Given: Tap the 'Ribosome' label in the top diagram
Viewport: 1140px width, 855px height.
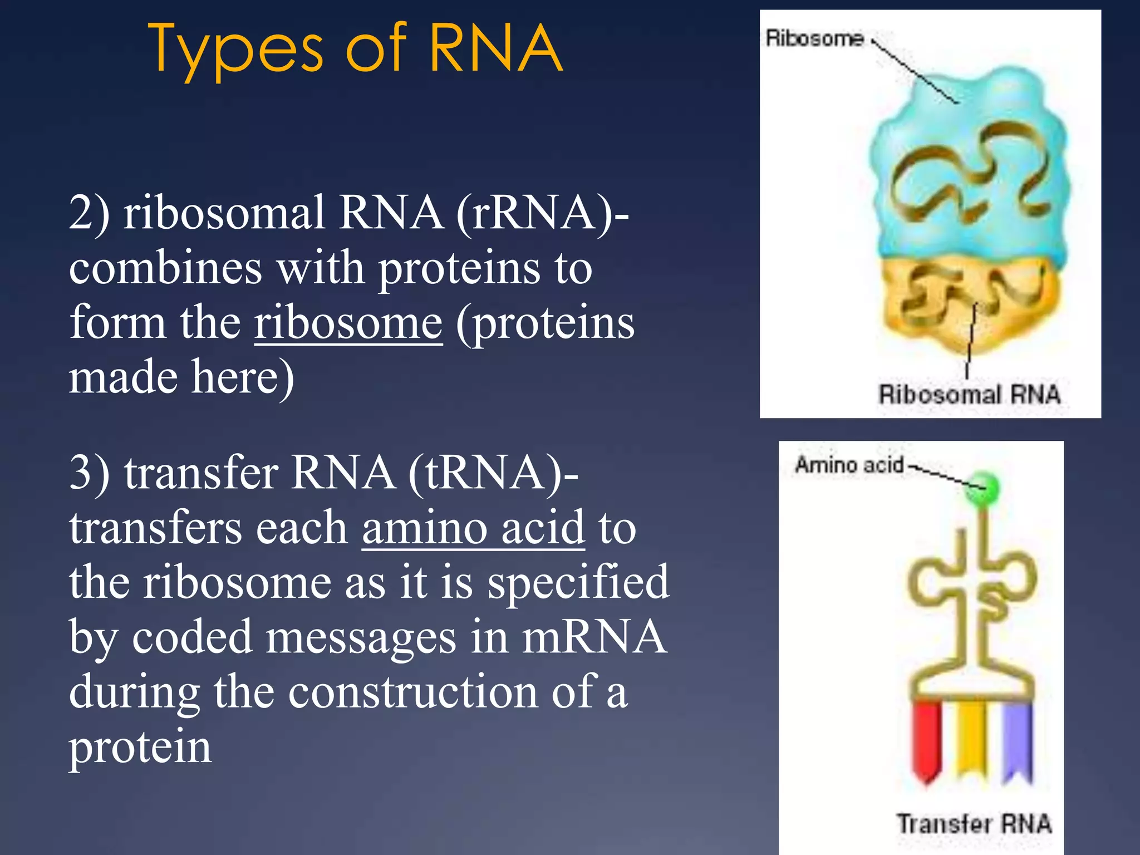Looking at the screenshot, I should [x=814, y=38].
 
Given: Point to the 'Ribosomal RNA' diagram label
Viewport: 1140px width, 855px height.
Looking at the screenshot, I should [x=969, y=394].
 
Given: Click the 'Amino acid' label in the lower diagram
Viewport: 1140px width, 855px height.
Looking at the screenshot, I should [x=849, y=464].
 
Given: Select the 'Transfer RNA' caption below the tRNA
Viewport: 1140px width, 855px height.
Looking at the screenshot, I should [x=974, y=823].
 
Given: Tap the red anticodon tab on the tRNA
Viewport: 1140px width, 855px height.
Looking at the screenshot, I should [x=927, y=740].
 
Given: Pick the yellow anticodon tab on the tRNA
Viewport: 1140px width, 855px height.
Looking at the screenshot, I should [x=972, y=738].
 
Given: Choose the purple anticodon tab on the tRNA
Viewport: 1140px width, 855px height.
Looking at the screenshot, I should [x=1017, y=740].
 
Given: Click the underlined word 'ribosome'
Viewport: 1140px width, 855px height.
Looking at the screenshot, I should [x=348, y=322].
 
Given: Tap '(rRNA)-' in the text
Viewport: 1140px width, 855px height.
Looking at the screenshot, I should [x=543, y=213].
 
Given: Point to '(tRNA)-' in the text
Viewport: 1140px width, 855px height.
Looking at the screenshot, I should [x=493, y=472].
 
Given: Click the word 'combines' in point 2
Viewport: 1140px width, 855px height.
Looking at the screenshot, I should [x=165, y=268].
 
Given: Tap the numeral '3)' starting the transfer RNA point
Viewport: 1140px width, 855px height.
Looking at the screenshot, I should [x=89, y=472].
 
